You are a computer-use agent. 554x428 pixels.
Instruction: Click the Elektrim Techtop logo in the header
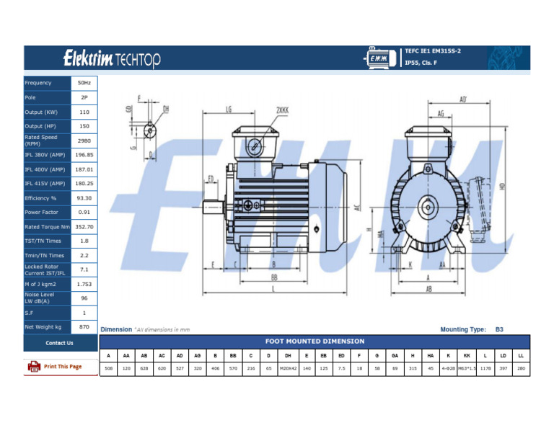tap(112, 58)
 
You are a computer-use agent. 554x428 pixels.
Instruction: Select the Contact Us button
tap(59, 343)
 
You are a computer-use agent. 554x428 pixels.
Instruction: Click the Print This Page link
tap(62, 367)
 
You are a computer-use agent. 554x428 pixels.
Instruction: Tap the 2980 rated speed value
tap(84, 141)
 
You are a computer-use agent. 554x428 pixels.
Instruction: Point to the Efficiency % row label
tap(40, 198)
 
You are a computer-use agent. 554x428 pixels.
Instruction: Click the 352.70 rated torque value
tap(84, 227)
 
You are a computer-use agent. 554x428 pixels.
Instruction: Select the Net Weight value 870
tap(84, 327)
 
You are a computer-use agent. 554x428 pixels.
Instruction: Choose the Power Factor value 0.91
tap(84, 213)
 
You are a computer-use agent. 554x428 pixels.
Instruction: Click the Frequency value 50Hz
tap(84, 83)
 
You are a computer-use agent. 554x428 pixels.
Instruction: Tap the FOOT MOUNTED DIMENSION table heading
tap(315, 341)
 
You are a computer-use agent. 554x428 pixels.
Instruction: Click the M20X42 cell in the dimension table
tap(288, 367)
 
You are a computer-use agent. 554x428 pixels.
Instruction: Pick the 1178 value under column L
tap(485, 367)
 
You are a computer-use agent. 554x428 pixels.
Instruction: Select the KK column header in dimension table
tap(467, 355)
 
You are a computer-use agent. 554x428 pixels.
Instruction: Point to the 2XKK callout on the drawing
tap(282, 110)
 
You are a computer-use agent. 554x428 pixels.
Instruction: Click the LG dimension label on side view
tap(228, 110)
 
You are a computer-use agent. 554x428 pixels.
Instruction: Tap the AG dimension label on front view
tap(441, 113)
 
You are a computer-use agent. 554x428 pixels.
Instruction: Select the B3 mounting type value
tap(499, 329)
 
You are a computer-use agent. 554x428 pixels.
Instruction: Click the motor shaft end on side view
tap(211, 206)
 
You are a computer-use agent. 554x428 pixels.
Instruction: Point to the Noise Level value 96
tap(84, 298)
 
